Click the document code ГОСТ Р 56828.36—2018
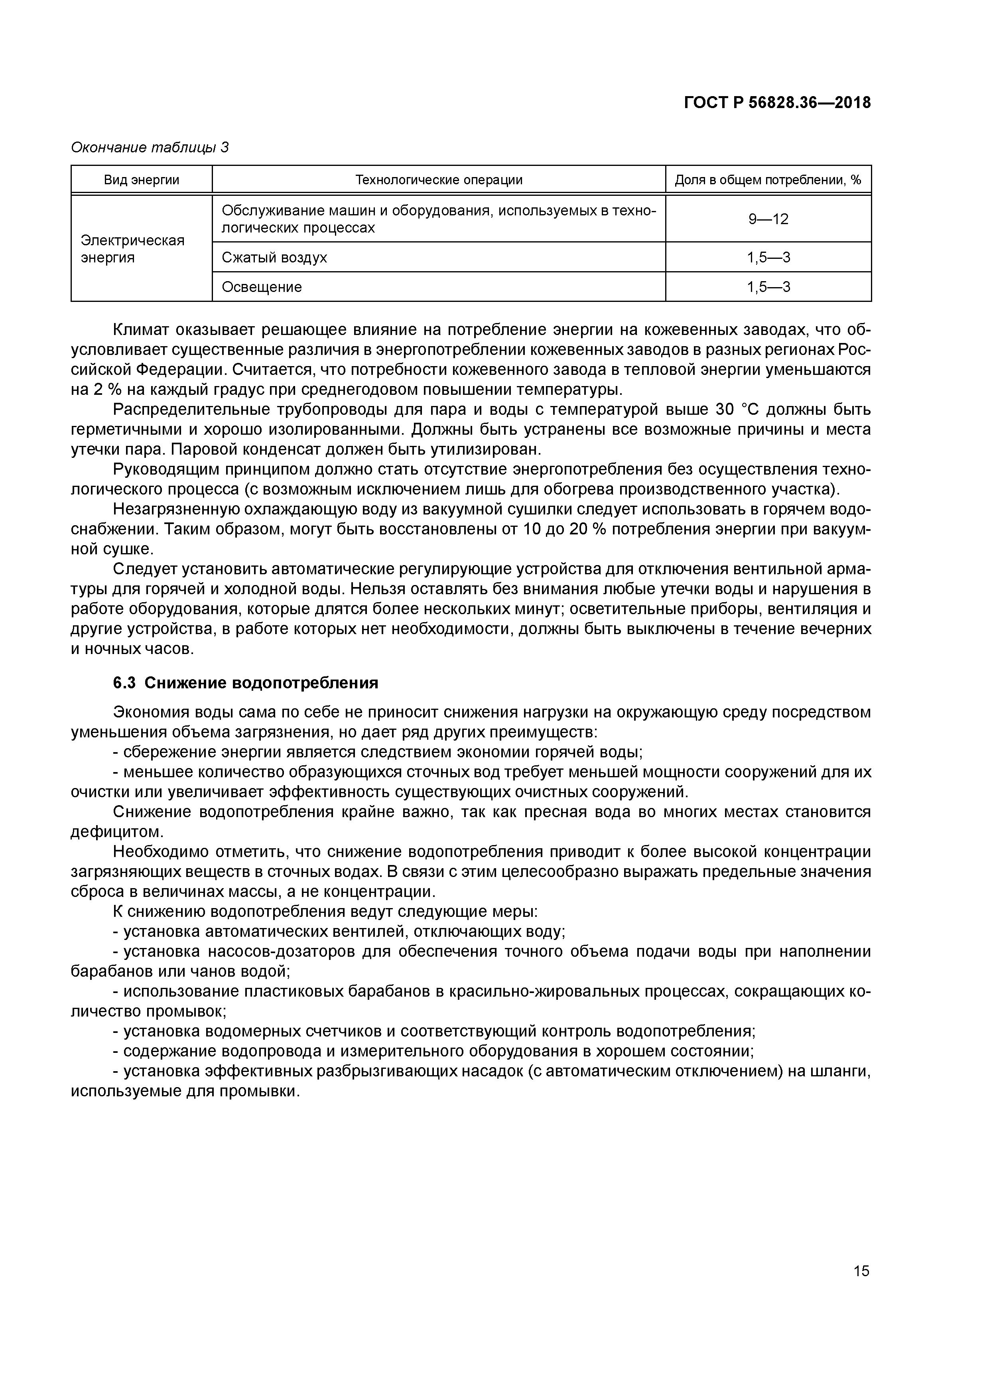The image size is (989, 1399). pyautogui.click(x=777, y=103)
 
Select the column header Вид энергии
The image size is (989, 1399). pyautogui.click(x=142, y=180)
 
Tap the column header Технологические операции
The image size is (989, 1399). pyautogui.click(x=439, y=180)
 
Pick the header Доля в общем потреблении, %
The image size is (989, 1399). pyautogui.click(x=768, y=180)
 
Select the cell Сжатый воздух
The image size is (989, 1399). pyautogui.click(x=274, y=257)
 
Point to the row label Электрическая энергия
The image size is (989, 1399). pyautogui.click(x=132, y=248)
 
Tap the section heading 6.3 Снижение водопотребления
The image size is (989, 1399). pyautogui.click(x=246, y=683)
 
